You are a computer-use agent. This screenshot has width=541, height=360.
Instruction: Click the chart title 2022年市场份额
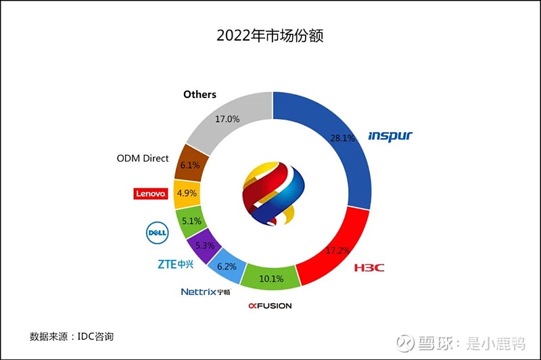(x=270, y=35)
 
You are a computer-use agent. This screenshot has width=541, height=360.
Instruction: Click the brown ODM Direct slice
(x=189, y=164)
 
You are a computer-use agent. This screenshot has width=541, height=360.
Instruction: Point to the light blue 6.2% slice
(x=225, y=266)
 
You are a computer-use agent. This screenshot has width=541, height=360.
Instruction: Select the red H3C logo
(x=369, y=268)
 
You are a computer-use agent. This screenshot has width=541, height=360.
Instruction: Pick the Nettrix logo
(x=206, y=292)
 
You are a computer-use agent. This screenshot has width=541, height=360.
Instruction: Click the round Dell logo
(x=156, y=232)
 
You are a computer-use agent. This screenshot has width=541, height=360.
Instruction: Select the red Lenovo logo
(x=150, y=194)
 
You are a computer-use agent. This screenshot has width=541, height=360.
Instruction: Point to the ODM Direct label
(x=143, y=158)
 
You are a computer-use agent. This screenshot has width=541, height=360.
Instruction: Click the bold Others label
(x=199, y=95)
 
